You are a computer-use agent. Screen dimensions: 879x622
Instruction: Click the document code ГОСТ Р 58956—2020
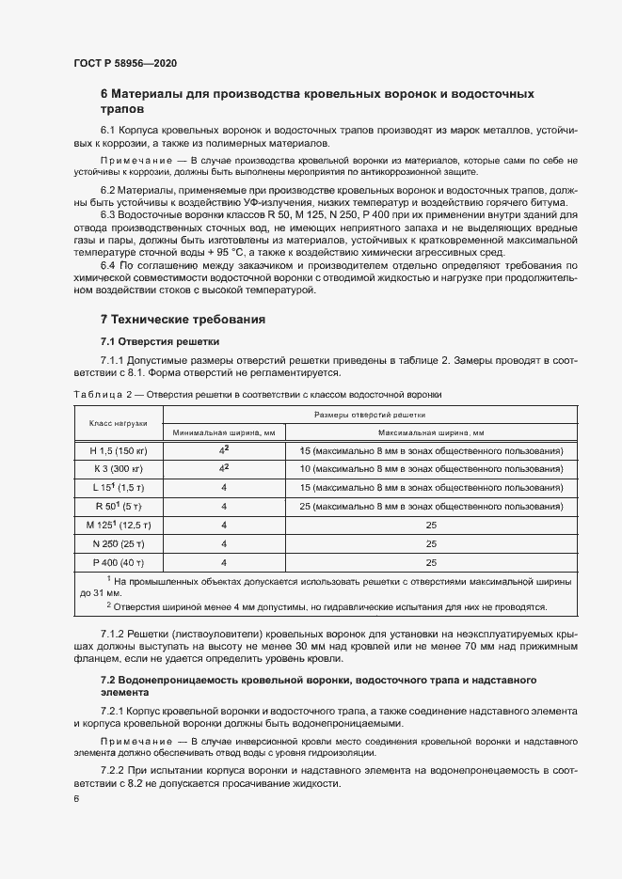pos(124,64)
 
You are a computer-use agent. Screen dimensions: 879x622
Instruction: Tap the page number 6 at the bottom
pos(75,798)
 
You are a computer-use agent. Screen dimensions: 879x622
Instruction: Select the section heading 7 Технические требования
pos(182,320)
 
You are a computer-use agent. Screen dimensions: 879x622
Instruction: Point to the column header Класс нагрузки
pos(117,423)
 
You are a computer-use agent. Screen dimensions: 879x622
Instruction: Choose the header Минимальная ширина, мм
pos(223,432)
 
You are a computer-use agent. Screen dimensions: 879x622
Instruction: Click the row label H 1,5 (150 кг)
pos(117,451)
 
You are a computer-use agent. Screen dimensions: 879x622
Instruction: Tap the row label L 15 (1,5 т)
pos(117,488)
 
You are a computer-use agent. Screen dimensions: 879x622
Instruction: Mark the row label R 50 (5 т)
pos(117,507)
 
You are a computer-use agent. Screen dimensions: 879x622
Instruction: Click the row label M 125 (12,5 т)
pos(117,525)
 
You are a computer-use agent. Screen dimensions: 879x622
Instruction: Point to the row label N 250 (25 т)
pos(117,543)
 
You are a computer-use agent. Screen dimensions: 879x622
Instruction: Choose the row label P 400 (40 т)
pos(117,562)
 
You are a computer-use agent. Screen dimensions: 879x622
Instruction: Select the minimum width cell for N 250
pos(223,543)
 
